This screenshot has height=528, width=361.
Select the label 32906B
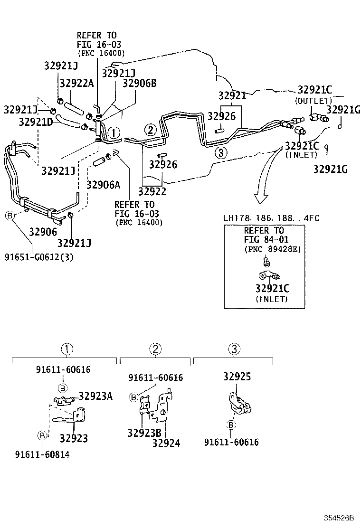click(x=139, y=84)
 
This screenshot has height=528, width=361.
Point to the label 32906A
click(x=103, y=185)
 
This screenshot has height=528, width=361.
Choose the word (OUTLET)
click(x=313, y=101)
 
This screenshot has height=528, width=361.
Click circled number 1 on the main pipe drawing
click(x=114, y=132)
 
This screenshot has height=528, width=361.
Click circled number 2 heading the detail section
click(x=155, y=349)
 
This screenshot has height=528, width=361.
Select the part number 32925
click(x=237, y=377)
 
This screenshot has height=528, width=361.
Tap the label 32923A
click(x=95, y=396)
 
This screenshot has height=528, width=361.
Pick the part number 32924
click(x=166, y=443)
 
